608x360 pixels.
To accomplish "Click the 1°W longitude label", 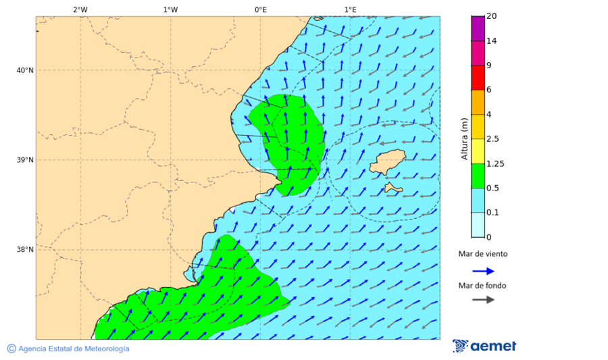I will click(x=170, y=9).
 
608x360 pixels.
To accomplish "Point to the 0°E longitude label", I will click(x=260, y=9).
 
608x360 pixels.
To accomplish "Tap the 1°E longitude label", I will click(x=350, y=9).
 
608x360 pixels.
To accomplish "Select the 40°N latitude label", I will click(x=25, y=70).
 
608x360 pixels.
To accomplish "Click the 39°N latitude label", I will click(x=25, y=160).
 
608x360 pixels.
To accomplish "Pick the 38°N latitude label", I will click(x=25, y=250).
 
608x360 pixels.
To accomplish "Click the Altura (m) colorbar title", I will click(x=464, y=138).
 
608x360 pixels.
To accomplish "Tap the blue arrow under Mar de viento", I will click(x=483, y=271).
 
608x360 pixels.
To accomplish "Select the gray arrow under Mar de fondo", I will click(x=483, y=300).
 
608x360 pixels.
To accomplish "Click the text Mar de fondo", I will click(x=482, y=286).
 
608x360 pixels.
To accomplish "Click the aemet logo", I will click(x=484, y=346).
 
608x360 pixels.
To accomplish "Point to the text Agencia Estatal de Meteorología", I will click(x=73, y=349).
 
